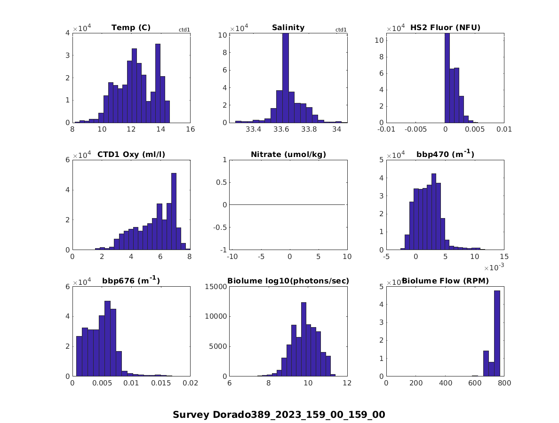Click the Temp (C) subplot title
(131, 28)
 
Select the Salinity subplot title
(288, 28)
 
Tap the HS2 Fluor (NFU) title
(445, 28)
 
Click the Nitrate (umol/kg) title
(288, 154)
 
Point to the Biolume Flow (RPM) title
(445, 281)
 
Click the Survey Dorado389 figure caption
(279, 415)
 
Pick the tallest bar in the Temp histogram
(158, 83)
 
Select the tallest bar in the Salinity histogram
(285, 78)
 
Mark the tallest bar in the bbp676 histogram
(107, 338)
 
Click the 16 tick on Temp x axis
(190, 130)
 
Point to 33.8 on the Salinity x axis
(309, 130)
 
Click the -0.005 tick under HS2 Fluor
(415, 130)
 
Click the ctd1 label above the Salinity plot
(341, 30)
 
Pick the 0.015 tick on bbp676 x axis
(160, 383)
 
